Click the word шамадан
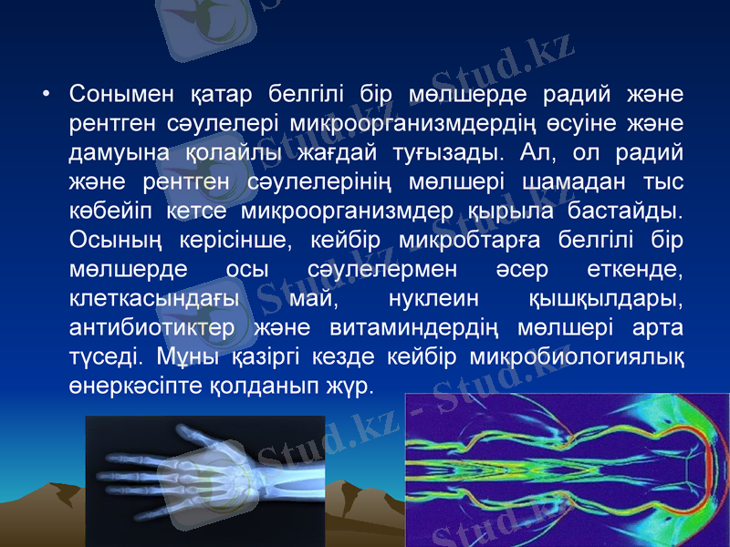pos(571,182)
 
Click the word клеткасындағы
pos(154,299)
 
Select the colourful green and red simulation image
pos(567,470)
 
